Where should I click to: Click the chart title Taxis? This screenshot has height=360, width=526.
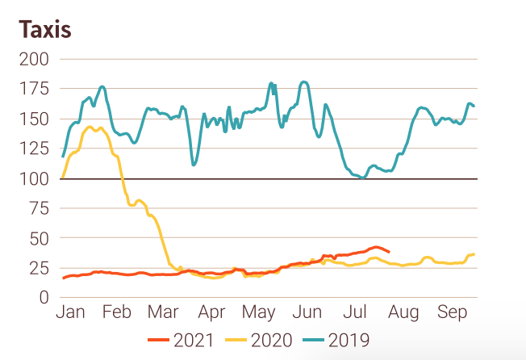point(45,30)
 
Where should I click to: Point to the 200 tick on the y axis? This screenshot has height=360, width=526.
point(36,59)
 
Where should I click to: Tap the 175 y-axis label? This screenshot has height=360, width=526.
point(36,89)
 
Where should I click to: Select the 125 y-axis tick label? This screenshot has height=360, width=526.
point(36,149)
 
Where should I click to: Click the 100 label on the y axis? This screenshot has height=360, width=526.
point(36,178)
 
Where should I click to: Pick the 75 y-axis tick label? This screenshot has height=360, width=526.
point(40,208)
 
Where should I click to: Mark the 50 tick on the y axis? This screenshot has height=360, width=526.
point(40,238)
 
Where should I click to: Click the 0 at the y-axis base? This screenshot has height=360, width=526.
point(45,298)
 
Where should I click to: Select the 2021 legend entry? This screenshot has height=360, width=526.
point(185,341)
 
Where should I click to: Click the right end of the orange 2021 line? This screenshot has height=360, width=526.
point(390,252)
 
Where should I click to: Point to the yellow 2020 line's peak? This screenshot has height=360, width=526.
point(90,127)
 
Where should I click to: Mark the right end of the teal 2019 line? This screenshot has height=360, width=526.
point(474,106)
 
